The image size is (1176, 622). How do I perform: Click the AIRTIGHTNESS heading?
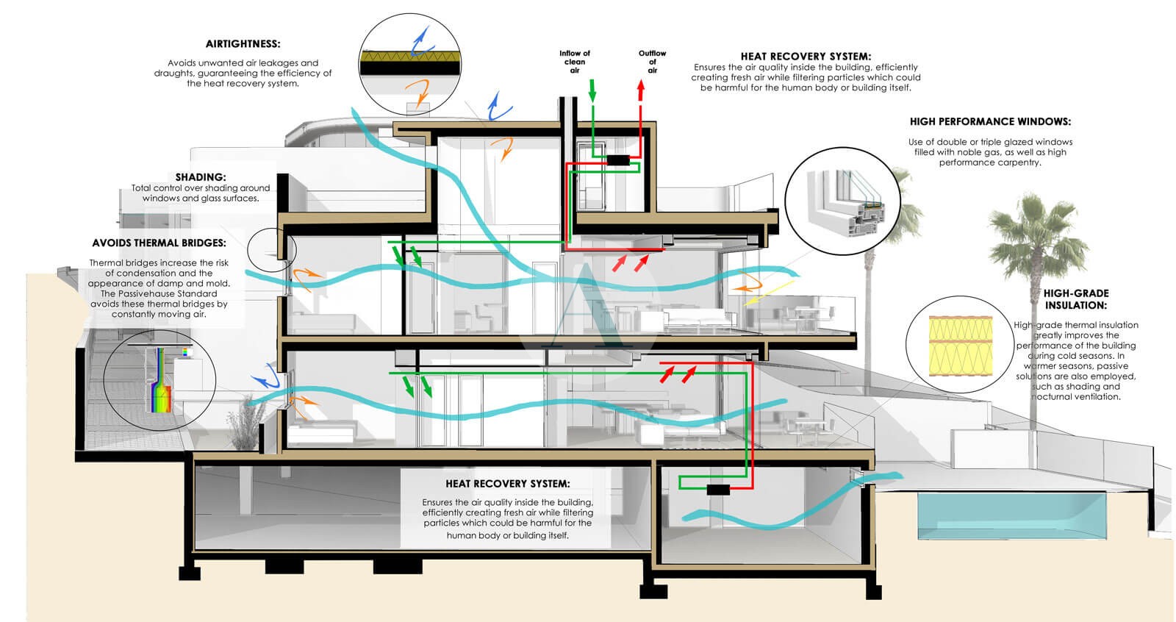click(x=243, y=44)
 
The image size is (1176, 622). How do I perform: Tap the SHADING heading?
click(x=201, y=177)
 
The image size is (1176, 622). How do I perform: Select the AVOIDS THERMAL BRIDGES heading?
click(x=159, y=243)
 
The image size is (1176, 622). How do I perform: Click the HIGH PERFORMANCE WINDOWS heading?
click(x=990, y=121)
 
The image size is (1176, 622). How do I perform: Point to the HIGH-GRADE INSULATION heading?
click(x=1076, y=299)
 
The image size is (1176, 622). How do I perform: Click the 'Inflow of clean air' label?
click(x=575, y=62)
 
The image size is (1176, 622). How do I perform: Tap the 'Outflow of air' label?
click(x=652, y=62)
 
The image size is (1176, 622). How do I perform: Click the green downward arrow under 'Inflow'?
click(x=592, y=90)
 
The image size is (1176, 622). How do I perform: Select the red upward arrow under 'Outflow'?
click(x=640, y=90)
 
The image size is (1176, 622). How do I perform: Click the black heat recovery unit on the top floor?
click(x=618, y=160)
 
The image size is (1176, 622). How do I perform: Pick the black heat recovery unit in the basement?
click(x=717, y=490)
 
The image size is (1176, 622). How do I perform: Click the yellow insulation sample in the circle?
click(x=960, y=346)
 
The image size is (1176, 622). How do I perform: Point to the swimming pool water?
click(x=1011, y=515)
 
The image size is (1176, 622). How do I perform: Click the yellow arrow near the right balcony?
click(x=769, y=293)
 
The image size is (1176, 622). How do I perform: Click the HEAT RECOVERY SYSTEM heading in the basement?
click(x=507, y=484)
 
